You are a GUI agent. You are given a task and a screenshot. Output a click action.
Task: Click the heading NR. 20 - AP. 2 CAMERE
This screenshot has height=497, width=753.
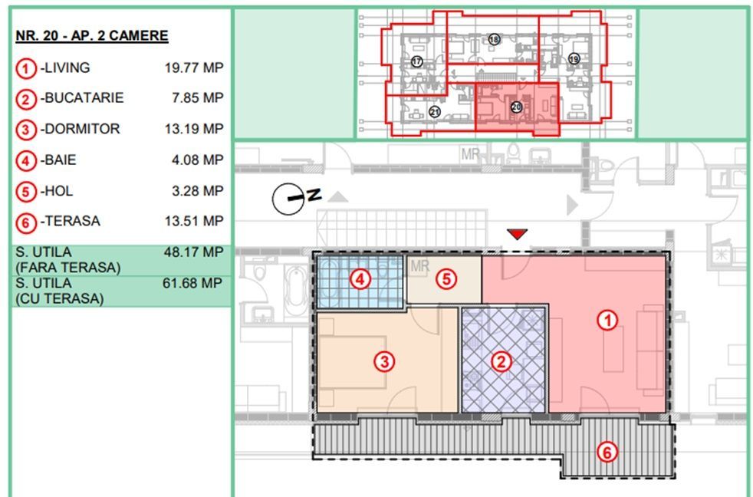[x=92, y=36]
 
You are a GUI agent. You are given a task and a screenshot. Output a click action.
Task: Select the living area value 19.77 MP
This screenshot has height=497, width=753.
[x=194, y=67]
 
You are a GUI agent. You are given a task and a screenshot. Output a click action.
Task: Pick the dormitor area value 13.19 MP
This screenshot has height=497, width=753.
[x=194, y=129]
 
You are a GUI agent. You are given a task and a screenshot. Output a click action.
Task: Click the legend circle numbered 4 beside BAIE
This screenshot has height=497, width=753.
[x=26, y=161]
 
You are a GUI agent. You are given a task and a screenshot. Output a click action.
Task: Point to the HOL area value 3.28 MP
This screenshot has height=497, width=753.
[x=197, y=191]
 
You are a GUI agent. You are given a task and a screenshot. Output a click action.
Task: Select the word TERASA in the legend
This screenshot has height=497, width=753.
[x=73, y=222]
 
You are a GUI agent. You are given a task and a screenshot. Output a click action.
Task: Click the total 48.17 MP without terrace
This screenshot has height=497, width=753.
[x=193, y=252]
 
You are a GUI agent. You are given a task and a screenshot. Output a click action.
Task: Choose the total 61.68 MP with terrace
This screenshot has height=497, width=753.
[x=192, y=283]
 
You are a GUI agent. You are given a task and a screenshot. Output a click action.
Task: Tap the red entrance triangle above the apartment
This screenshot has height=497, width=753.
[x=517, y=234]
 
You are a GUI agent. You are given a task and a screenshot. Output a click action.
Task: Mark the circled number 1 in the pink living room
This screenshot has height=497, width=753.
[x=607, y=321]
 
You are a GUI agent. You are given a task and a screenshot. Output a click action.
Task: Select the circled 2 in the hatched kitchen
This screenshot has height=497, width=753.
[x=501, y=361]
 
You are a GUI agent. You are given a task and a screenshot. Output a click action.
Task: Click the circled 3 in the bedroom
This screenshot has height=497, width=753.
[x=385, y=361]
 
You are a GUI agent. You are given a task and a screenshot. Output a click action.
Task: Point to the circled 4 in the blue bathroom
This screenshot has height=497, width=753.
[x=360, y=279]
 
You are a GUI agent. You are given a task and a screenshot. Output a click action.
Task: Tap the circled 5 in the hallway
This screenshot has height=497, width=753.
[x=446, y=279]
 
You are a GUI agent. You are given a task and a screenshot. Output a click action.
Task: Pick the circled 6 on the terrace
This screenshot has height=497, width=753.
[x=607, y=453]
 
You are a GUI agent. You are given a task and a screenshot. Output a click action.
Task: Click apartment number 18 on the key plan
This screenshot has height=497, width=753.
[x=494, y=39]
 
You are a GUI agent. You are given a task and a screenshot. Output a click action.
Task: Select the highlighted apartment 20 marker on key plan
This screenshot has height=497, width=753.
[x=516, y=107]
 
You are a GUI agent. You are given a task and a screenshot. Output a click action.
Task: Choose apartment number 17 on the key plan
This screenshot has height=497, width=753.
[x=416, y=61]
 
